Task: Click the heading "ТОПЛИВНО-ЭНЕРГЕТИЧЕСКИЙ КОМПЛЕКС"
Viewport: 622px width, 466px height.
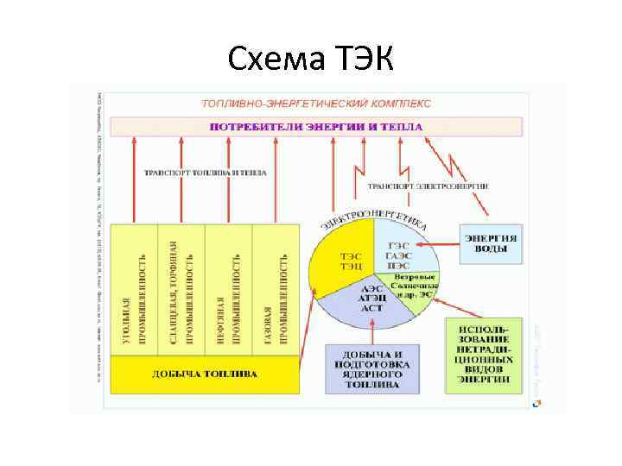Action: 316,104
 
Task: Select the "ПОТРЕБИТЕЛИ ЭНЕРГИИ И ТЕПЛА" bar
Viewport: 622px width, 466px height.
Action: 316,127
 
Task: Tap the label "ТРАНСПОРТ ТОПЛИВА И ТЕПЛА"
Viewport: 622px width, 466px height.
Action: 205,173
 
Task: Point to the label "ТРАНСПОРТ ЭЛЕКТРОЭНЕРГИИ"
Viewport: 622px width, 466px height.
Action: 428,186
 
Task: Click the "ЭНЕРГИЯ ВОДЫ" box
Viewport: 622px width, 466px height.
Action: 492,243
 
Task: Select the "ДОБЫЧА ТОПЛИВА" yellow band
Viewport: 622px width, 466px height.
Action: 205,374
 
